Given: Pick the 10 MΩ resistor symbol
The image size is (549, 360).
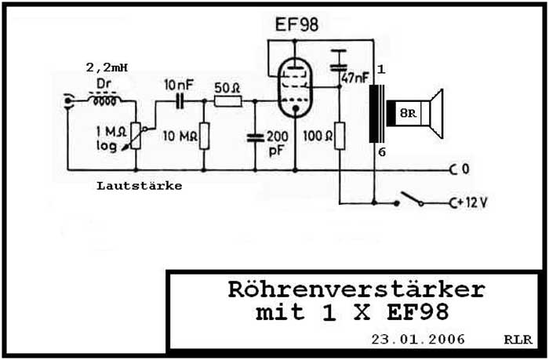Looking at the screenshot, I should click(203, 136).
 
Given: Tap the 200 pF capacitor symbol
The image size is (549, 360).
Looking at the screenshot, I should click(255, 137).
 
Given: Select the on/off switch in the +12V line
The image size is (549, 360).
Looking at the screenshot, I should click(409, 201).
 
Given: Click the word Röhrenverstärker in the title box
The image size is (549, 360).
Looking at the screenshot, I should click(356, 289).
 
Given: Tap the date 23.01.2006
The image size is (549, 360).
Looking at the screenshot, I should click(416, 339).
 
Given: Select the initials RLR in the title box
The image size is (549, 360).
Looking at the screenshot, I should click(518, 340).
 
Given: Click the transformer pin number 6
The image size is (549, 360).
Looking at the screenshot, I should click(382, 152).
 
